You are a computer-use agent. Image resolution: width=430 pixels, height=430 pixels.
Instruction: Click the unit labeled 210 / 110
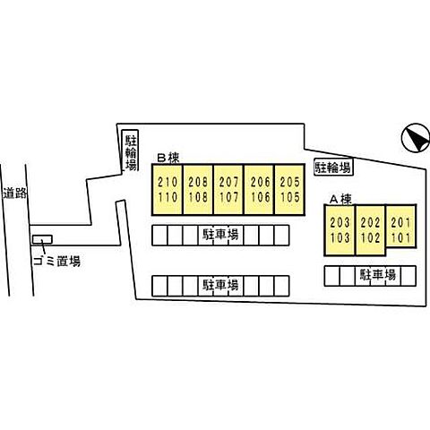(x=168, y=189)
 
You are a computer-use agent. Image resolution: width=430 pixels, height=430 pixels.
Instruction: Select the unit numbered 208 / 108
(x=198, y=189)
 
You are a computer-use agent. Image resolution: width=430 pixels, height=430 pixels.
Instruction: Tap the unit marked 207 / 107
(x=228, y=189)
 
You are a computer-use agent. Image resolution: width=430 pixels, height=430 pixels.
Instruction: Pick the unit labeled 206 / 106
(x=259, y=189)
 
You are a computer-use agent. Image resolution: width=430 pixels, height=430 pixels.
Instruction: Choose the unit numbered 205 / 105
(x=289, y=189)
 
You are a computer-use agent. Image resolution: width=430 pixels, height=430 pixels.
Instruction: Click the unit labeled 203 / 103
(x=340, y=230)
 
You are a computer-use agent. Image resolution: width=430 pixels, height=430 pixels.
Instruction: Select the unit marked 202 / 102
(x=370, y=230)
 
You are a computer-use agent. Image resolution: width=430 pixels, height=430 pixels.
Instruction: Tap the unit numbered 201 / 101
(x=400, y=226)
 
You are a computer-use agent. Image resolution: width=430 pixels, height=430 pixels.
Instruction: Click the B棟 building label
(x=168, y=158)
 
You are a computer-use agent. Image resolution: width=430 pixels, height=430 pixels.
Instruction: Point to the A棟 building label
(x=340, y=199)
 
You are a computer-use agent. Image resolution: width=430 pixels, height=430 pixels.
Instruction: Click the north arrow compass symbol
(x=416, y=137)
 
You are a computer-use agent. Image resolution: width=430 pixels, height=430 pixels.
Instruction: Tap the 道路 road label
(x=15, y=193)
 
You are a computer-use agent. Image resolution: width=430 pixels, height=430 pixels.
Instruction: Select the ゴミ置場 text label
(x=56, y=262)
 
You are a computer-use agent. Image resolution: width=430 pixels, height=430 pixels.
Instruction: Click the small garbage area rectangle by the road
(x=42, y=239)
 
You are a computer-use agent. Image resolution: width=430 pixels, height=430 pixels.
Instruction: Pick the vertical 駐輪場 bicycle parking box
(x=130, y=151)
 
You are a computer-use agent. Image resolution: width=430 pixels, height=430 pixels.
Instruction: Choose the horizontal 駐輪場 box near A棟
(x=333, y=168)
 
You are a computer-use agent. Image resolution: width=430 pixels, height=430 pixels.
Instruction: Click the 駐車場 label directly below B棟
(x=220, y=235)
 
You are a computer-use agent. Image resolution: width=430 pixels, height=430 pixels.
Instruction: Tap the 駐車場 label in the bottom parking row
(x=220, y=285)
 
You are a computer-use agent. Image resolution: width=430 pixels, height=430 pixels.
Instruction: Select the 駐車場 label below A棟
(x=378, y=275)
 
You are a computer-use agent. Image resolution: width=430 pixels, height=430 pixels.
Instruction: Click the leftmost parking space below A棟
(x=332, y=276)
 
